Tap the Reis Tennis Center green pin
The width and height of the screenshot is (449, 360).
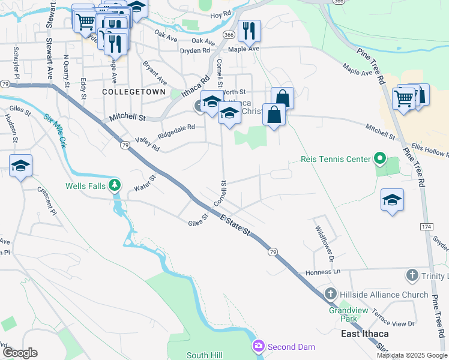379,159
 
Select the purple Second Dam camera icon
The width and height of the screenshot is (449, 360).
259,346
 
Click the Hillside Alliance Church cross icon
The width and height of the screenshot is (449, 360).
330,294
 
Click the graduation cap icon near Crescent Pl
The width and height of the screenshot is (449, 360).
20,166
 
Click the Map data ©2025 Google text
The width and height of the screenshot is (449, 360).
411,355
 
